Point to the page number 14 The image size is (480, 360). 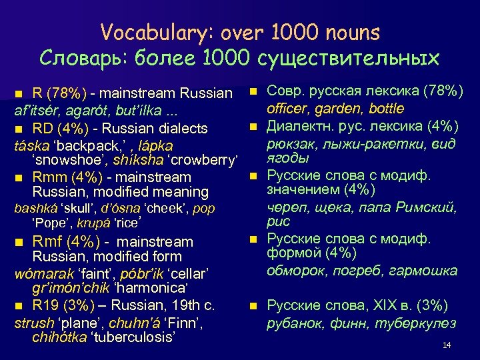point(447,345)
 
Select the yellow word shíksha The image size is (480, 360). point(136,161)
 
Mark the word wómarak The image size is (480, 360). point(41,273)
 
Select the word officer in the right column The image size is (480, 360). point(289,109)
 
